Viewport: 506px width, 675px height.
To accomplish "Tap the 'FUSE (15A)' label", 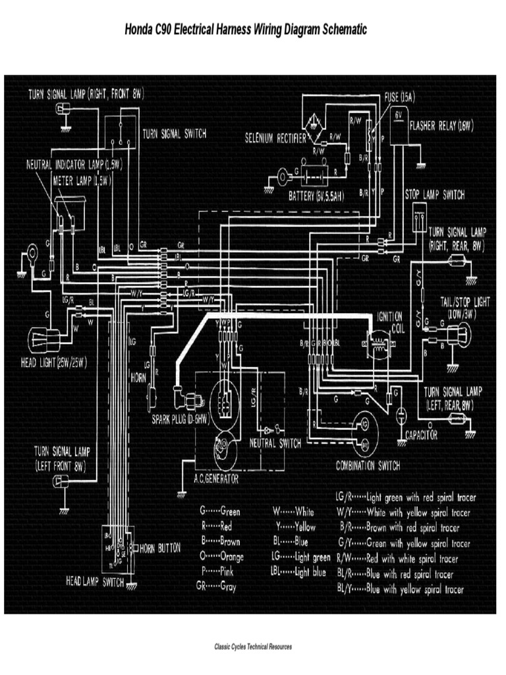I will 400,96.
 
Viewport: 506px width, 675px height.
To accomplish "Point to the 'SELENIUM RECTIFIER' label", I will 275,138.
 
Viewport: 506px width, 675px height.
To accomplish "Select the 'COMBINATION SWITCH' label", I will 368,465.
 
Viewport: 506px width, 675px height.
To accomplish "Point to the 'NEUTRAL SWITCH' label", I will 275,443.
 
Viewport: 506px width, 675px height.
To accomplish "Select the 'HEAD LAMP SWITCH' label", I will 95,582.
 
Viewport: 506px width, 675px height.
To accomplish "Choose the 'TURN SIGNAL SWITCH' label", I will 175,133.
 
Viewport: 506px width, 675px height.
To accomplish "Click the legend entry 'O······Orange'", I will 221,556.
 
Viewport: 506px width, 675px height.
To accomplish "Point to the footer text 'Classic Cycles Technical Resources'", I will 253,647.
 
